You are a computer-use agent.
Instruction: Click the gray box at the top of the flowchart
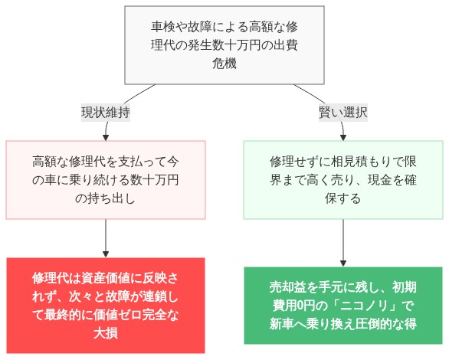224,45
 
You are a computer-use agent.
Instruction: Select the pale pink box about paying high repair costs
106,180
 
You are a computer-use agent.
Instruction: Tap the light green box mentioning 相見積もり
343,180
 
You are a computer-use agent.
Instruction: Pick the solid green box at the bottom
343,306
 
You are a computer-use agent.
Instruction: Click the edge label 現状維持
106,112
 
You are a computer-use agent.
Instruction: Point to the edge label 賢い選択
343,112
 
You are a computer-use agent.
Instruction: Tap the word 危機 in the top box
224,64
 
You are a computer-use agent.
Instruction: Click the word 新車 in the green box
286,324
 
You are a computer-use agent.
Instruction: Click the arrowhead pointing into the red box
106,253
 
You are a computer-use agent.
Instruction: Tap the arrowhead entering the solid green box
343,262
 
